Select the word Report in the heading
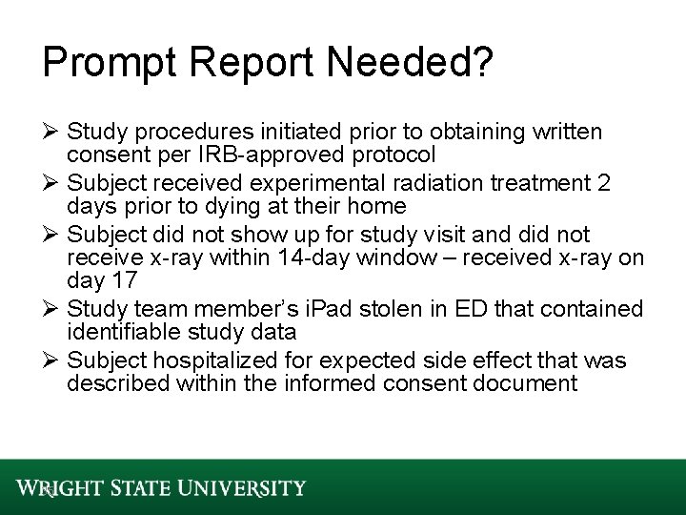249,64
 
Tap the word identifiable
118,333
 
